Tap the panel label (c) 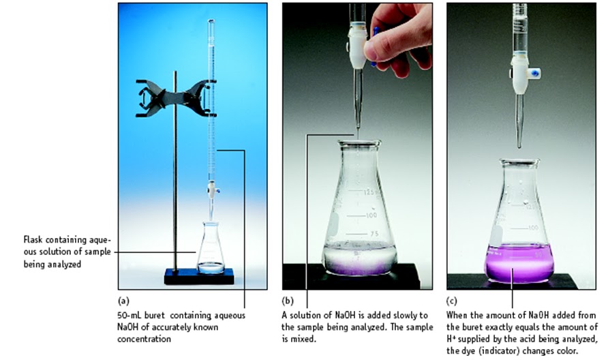click(451, 300)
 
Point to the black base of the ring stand click(198, 276)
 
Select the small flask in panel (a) click(210, 251)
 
